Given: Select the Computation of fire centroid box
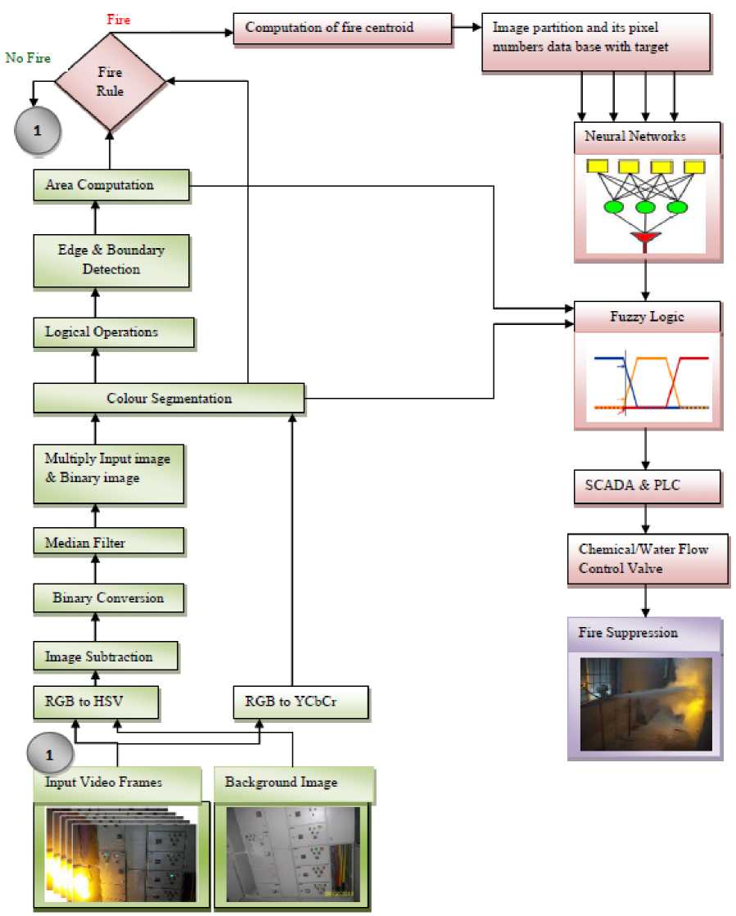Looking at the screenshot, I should click(342, 28).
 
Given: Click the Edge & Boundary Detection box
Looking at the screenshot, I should click(111, 260).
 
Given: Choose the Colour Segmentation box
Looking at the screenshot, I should click(169, 399).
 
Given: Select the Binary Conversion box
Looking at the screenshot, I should click(108, 598).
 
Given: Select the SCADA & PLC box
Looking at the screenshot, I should click(644, 486).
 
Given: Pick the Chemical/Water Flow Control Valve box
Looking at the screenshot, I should click(647, 558).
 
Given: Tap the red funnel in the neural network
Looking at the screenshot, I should click(645, 238).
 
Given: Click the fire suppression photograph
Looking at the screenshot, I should click(645, 703).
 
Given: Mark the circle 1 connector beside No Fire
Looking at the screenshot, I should click(37, 130).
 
